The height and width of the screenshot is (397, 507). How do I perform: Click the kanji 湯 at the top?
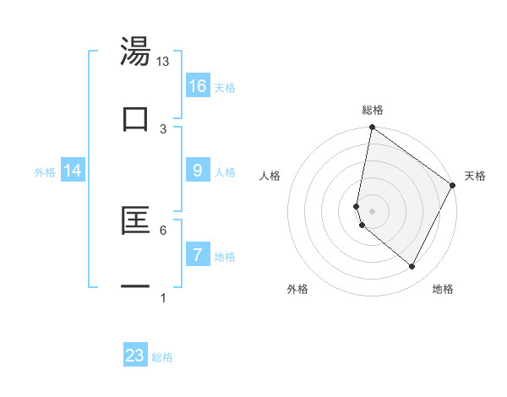[x=136, y=52]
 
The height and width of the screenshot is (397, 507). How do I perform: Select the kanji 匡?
[x=136, y=221]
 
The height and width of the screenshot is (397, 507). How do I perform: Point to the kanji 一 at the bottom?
[x=136, y=288]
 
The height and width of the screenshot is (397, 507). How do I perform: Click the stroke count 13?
[x=163, y=63]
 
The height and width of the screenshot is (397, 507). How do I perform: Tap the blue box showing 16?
[x=198, y=86]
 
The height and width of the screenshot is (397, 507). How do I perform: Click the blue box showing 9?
[x=198, y=171]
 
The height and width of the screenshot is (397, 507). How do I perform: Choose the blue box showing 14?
[x=73, y=171]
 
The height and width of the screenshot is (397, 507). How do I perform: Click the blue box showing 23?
[x=135, y=356]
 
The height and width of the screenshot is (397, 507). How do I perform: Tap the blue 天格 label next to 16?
[x=225, y=88]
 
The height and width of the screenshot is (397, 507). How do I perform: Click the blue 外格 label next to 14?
[x=45, y=172]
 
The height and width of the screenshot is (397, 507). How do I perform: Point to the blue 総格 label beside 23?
[x=162, y=357]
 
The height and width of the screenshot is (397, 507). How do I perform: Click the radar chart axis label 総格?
[x=373, y=110]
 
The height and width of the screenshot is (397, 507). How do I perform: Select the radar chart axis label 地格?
[x=443, y=289]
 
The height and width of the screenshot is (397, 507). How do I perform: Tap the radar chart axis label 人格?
[x=270, y=177]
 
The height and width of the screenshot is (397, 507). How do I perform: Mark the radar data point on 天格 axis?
[x=453, y=186]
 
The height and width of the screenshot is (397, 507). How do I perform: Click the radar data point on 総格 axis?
[x=373, y=128]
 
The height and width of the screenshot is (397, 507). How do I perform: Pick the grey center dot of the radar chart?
[x=373, y=210]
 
